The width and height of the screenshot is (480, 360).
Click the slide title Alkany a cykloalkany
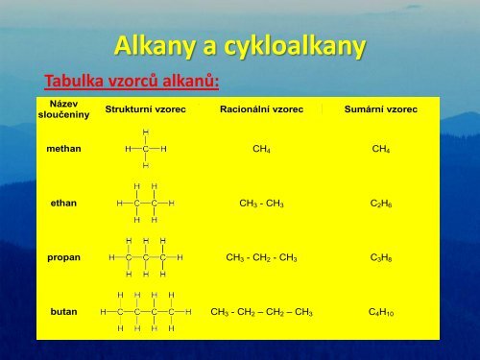point(239,45)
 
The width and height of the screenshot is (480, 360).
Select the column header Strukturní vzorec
point(145,110)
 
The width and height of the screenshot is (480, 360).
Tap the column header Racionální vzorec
point(261,110)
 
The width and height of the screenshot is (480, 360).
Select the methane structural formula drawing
point(145,149)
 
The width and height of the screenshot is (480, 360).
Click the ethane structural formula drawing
point(145,204)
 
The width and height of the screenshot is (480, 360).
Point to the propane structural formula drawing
point(145,257)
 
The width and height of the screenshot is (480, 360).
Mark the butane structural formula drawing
point(145,312)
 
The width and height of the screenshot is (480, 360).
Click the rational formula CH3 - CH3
point(261,204)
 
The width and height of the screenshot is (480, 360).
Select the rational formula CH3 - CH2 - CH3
point(261,258)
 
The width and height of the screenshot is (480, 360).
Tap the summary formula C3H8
point(380,258)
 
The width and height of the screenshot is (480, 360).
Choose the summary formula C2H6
point(380,204)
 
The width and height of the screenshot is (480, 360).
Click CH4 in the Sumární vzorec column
point(380,150)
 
